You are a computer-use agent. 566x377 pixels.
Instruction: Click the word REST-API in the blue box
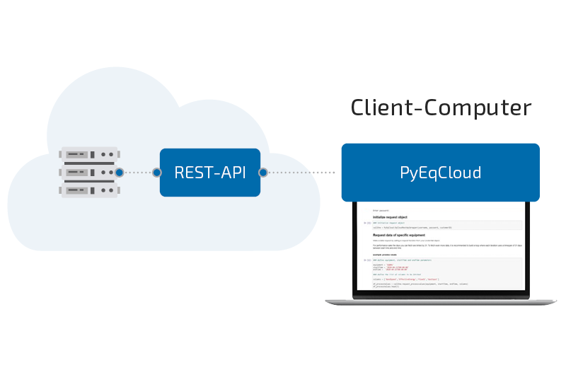point(210,172)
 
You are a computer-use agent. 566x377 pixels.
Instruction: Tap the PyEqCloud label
point(440,173)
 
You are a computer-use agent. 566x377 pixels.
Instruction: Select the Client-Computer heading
point(441,108)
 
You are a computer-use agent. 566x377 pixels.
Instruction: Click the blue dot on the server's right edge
point(120,172)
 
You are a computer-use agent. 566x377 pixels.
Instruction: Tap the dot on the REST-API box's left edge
point(157,172)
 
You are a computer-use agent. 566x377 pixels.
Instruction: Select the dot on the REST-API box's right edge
point(263,172)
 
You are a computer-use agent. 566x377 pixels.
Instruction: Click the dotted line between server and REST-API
point(139,172)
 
